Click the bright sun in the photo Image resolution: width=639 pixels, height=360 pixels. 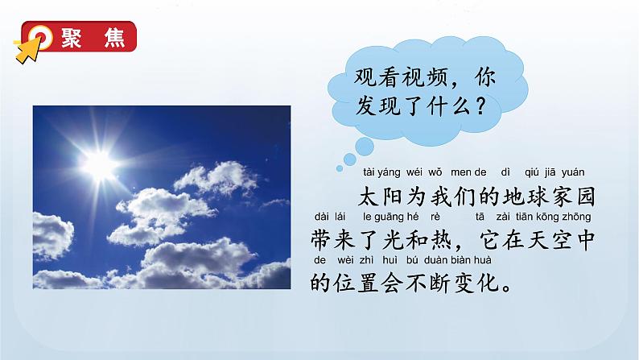coord(101,166)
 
